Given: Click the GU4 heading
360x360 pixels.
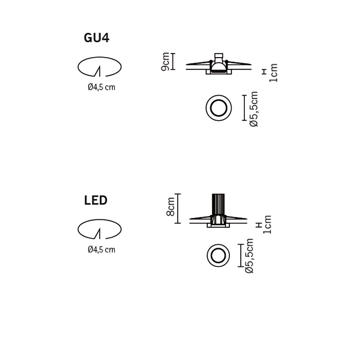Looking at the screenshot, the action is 96,38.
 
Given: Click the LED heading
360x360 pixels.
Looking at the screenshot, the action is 96,200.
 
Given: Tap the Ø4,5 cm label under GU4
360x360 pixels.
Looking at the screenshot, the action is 101,88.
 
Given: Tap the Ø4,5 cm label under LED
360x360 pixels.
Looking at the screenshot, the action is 101,250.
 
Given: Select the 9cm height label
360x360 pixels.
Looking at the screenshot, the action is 165,61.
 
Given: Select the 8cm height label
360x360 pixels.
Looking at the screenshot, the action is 171,207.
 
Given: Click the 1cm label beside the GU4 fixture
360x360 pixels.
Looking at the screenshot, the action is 274,73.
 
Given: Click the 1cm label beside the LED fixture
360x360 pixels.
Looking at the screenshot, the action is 268,224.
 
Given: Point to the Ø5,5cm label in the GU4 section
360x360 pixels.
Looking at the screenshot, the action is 254,109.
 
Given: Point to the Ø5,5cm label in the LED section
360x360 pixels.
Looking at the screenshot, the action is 249,256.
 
